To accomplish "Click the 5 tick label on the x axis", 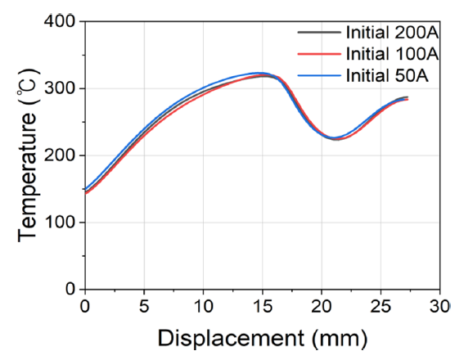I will point(144,306).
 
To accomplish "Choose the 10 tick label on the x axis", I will point(203,306).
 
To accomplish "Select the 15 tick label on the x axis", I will point(262,306).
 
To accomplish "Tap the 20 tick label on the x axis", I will point(322,306).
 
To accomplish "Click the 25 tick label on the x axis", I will point(381,306).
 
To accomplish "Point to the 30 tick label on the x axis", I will point(439,306).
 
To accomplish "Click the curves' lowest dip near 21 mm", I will point(335,138).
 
